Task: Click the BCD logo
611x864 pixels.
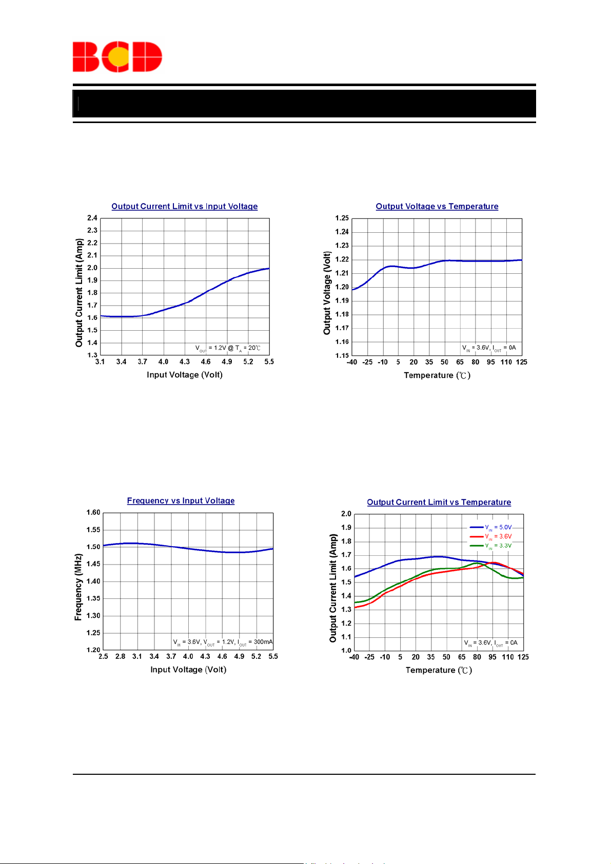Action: coord(117,56)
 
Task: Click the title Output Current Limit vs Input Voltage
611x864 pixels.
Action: coord(185,206)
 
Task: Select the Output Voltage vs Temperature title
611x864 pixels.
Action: coord(437,206)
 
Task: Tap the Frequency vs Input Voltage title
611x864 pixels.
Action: coord(181,500)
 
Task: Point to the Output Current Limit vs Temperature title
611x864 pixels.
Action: coord(439,502)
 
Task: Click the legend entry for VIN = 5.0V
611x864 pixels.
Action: coord(491,527)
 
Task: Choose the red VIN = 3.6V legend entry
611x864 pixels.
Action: coord(491,536)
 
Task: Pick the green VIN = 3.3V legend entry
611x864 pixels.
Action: coord(491,546)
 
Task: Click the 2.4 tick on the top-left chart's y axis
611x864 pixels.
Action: coord(92,218)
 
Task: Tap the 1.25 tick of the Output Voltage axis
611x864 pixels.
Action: coord(342,218)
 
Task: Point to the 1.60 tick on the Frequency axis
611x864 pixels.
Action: coord(93,512)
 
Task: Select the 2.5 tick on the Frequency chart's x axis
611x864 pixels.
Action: coord(103,656)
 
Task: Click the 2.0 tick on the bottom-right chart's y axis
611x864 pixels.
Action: coord(346,514)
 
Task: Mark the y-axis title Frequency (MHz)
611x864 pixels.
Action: coord(78,587)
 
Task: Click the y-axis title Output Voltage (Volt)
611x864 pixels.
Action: coord(327,293)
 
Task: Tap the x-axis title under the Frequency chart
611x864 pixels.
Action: coord(188,670)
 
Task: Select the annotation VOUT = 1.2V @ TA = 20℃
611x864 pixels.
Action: coord(228,348)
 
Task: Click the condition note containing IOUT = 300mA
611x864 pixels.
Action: coord(223,642)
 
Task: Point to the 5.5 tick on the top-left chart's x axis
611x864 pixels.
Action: coord(269,362)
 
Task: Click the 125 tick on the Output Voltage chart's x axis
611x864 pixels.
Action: coord(522,362)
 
